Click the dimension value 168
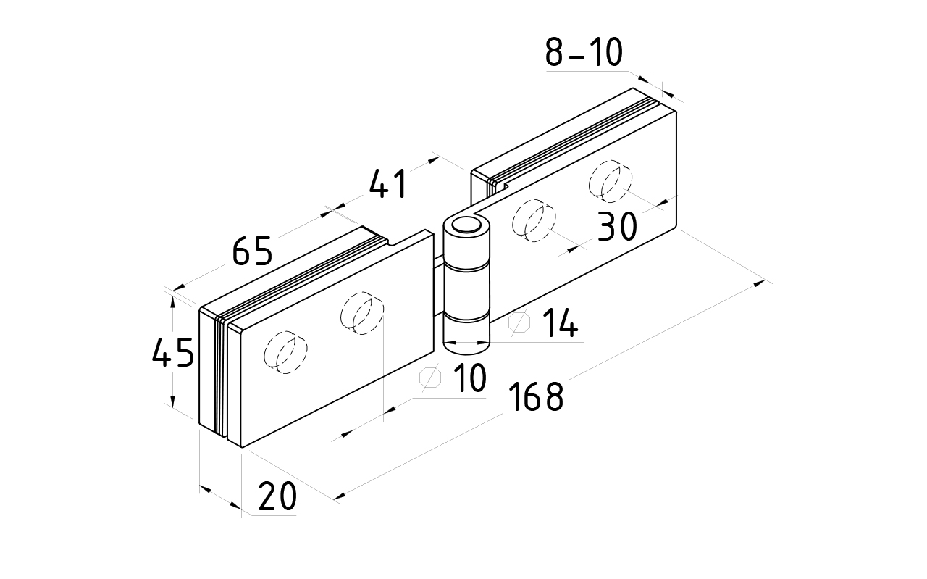click(x=535, y=397)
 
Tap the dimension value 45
click(x=173, y=353)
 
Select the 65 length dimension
click(x=252, y=251)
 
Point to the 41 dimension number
click(x=389, y=185)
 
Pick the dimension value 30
click(x=617, y=227)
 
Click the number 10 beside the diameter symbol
click(x=470, y=379)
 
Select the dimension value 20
click(x=277, y=497)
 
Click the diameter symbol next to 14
click(x=520, y=323)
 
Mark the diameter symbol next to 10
click(x=430, y=378)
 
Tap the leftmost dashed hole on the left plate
click(x=285, y=353)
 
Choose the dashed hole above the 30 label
click(x=611, y=180)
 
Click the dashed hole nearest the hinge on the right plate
click(x=534, y=222)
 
